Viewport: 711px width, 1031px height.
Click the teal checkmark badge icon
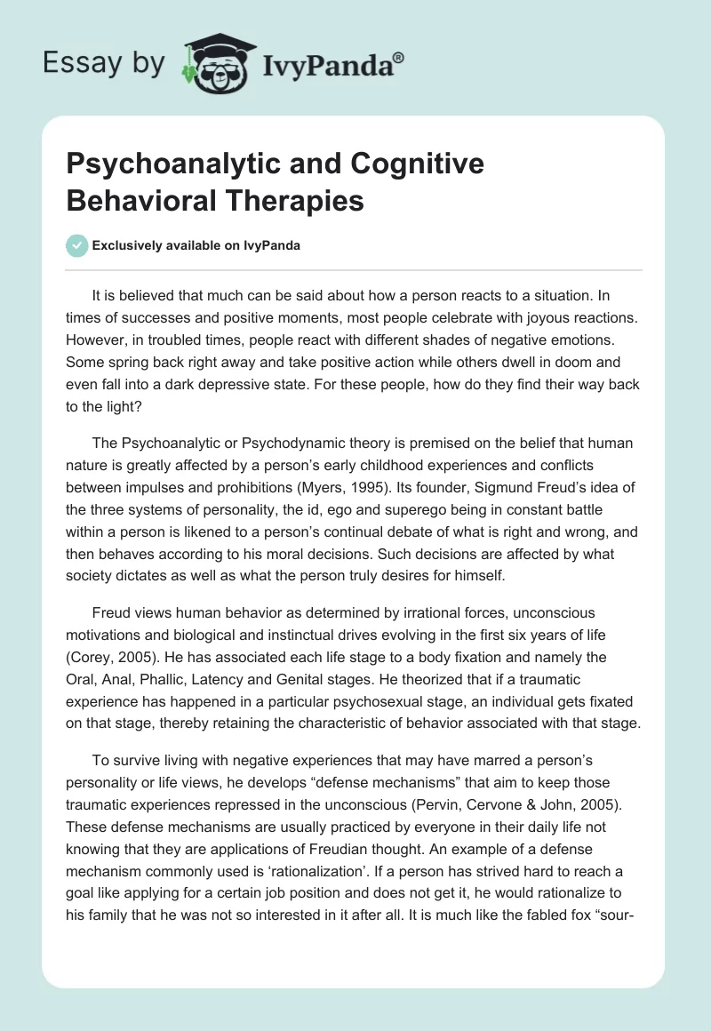click(x=77, y=245)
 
